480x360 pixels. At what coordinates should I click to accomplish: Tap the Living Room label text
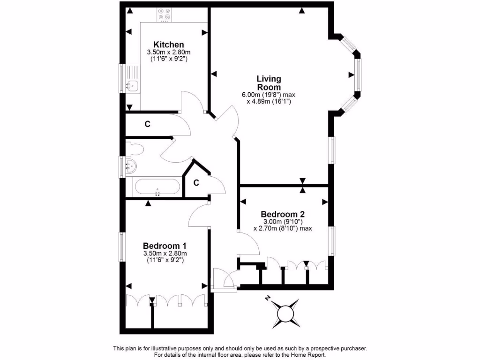click(x=269, y=83)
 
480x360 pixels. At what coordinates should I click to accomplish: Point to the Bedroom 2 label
click(x=283, y=214)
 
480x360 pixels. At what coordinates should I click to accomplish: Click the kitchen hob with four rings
click(x=165, y=14)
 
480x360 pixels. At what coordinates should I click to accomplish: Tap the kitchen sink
click(x=133, y=86)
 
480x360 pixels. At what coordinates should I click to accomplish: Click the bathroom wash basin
click(x=131, y=165)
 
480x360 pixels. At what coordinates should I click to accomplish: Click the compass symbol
click(x=285, y=313)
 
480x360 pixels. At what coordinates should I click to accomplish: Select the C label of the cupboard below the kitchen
click(x=147, y=124)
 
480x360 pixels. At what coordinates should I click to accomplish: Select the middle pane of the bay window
click(x=358, y=75)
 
